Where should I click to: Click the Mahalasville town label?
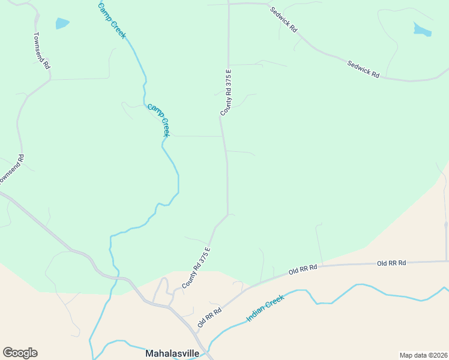coord(172,353)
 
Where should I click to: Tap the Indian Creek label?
coord(265,308)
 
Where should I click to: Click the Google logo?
coord(20,353)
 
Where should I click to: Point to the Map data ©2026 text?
coord(423,355)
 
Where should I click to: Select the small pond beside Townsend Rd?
coord(62,23)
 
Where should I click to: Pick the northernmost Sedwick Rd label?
coord(283,19)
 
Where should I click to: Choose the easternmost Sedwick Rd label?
coord(363,68)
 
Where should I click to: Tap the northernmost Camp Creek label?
coord(112,20)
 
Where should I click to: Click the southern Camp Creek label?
coord(159,120)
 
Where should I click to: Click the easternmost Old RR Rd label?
coord(391,263)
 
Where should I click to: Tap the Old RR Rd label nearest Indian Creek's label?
coord(209,317)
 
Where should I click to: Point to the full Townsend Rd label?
coord(41,50)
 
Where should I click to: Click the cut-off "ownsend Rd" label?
coord(11,170)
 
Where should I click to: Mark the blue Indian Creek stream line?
coord(360,286)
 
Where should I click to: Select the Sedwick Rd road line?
coord(324,52)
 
